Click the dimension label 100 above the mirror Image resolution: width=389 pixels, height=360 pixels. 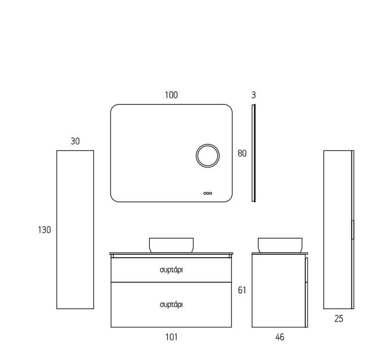[171, 95]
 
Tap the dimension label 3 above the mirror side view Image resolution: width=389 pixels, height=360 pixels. [253, 95]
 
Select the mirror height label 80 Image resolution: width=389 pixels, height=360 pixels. [242, 154]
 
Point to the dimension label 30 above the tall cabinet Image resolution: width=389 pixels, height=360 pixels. [75, 141]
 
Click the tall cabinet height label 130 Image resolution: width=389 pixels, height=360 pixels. [45, 230]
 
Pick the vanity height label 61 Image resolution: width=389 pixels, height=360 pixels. [242, 290]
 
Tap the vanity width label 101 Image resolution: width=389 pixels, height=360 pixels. [171, 337]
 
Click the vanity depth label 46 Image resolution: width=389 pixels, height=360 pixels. [279, 337]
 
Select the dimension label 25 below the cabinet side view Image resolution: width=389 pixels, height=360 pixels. [339, 319]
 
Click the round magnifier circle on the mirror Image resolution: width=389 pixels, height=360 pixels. [208, 156]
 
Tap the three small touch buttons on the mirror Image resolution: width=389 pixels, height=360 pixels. [208, 193]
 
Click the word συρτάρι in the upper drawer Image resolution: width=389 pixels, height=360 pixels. [171, 270]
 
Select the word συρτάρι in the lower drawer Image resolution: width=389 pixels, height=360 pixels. [171, 305]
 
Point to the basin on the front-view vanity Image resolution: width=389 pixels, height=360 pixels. [171, 245]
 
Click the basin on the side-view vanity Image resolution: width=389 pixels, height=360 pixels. [280, 245]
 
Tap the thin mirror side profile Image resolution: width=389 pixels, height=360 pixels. [253, 153]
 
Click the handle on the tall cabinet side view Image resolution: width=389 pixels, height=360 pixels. [353, 229]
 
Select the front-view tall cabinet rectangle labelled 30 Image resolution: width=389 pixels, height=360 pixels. [75, 229]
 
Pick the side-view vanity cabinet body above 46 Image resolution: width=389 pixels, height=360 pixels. [280, 290]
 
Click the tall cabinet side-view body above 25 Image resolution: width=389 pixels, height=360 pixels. [339, 229]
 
